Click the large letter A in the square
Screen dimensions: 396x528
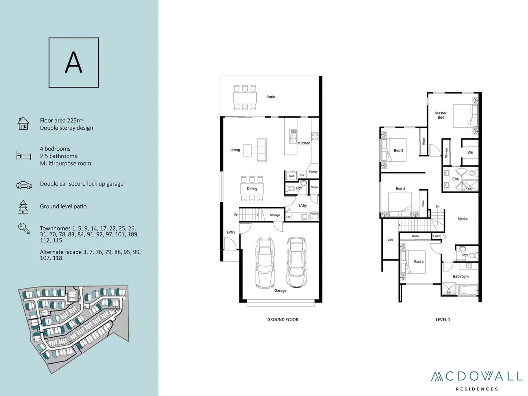click(74, 62)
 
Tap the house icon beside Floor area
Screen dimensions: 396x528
click(23, 123)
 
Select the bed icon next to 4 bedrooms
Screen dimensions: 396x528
click(23, 155)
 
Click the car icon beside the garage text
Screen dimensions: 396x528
click(24, 185)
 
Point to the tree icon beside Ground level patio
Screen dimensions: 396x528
click(23, 206)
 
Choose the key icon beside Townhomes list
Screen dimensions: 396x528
click(24, 228)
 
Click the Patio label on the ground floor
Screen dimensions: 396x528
click(271, 97)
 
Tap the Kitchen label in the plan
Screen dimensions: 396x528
click(304, 143)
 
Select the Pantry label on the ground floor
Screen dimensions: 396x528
click(313, 172)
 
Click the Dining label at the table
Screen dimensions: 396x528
click(252, 188)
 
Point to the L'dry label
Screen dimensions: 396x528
click(303, 206)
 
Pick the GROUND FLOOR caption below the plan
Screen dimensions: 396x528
click(282, 320)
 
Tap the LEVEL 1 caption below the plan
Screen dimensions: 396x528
click(443, 320)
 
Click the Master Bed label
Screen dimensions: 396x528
click(441, 115)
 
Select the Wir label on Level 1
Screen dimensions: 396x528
click(470, 153)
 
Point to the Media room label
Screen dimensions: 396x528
click(462, 219)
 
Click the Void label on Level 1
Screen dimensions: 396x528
click(390, 240)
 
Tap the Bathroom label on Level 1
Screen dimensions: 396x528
click(461, 276)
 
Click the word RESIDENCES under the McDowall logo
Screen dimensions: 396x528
click(477, 389)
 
